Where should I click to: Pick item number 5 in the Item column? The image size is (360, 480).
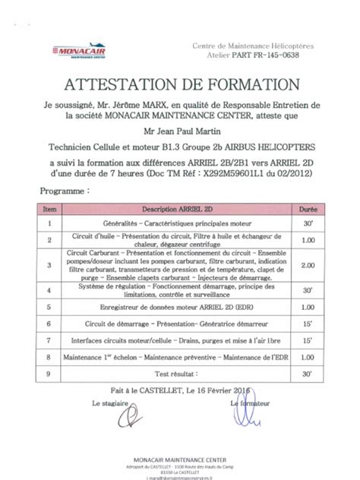point(50,308)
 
